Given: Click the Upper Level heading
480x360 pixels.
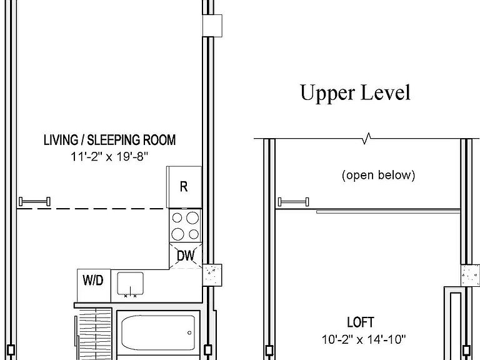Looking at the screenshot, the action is point(355,92).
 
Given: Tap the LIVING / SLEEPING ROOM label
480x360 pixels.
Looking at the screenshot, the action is point(109,140).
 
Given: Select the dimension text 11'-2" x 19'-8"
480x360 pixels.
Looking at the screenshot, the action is point(109,157).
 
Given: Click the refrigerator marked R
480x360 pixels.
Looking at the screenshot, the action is point(184,187).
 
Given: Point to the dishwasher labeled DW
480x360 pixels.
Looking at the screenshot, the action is point(186,256).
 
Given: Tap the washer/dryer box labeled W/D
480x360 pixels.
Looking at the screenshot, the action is point(94,286).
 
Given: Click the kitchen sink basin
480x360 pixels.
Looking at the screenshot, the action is point(131,283).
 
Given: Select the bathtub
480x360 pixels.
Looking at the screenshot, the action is point(158,332).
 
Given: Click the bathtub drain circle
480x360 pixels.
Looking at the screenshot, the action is point(189,332).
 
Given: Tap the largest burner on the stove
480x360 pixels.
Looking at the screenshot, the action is point(192,218).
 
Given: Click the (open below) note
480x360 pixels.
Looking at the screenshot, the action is point(378,175).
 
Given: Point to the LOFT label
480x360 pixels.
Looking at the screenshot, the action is point(360,322).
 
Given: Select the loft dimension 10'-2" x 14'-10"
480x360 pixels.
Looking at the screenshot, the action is point(364,339).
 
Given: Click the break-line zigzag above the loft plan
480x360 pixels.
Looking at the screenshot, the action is point(366,138).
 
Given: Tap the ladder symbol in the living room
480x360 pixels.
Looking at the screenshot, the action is point(34,201).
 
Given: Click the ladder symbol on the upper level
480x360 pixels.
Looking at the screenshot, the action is point(294,202).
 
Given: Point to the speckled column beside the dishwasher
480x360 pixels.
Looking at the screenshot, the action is point(212,275).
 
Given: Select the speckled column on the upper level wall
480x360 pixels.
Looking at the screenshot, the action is point(470,276).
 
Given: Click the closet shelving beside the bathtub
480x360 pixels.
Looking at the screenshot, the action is point(94,334).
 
